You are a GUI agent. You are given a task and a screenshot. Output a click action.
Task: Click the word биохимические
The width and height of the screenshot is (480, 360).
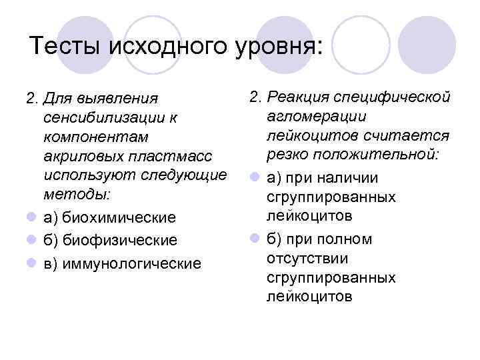(x=119, y=218)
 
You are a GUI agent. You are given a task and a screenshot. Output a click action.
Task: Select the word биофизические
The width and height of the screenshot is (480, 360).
(x=119, y=239)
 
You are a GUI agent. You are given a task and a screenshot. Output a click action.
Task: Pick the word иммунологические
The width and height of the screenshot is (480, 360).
(x=131, y=264)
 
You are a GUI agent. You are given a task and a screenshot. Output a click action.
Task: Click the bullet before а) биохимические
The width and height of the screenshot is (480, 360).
(x=31, y=218)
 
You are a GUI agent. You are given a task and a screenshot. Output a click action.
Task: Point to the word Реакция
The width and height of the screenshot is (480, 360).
(x=298, y=98)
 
